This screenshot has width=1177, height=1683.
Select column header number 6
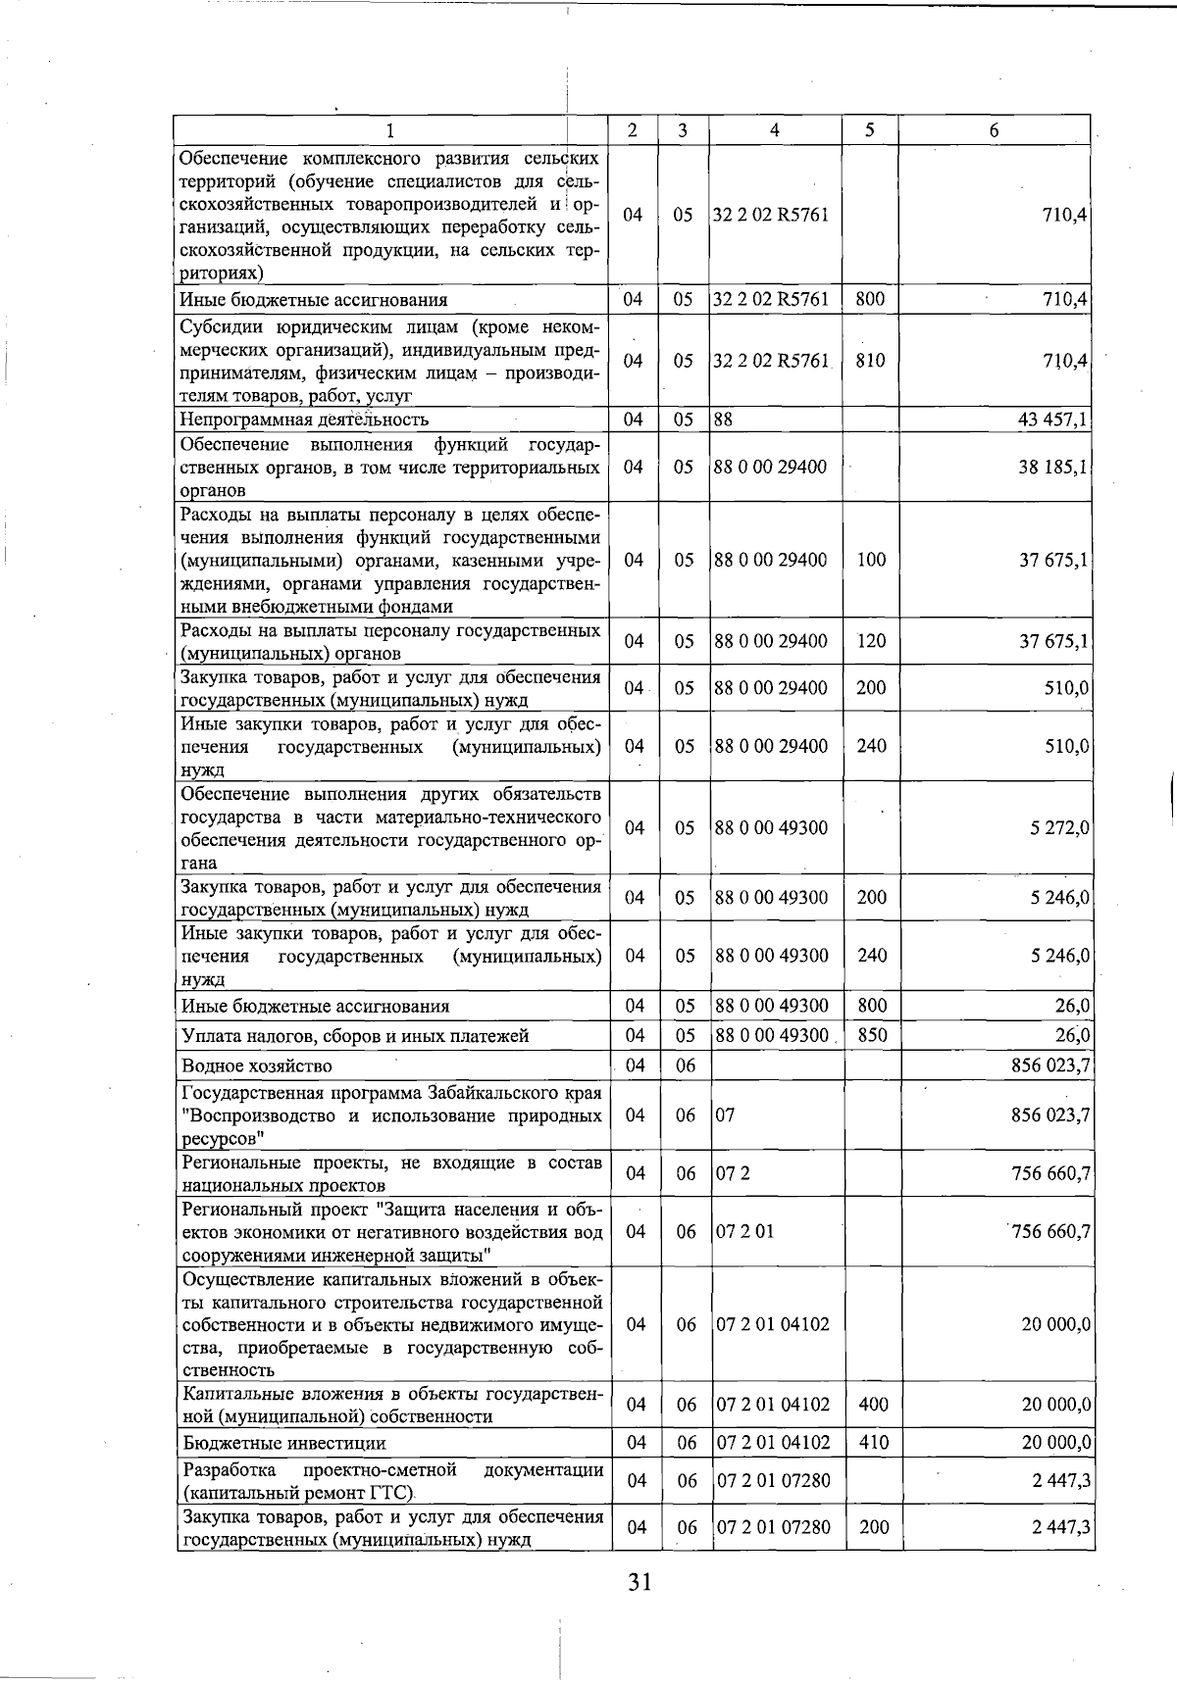[994, 130]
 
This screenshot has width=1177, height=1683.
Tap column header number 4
[775, 130]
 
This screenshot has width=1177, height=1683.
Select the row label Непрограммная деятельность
[304, 421]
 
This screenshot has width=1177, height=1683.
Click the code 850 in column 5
[871, 1035]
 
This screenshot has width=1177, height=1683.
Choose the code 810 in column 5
[870, 361]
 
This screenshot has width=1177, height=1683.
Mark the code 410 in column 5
[873, 1443]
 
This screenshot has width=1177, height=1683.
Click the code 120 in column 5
[871, 641]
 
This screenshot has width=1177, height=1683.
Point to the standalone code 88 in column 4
[724, 421]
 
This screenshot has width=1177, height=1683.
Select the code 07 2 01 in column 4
[744, 1231]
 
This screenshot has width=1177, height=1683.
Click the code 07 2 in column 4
[734, 1173]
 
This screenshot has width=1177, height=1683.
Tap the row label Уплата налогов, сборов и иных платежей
[355, 1036]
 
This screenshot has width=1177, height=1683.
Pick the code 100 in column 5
[871, 560]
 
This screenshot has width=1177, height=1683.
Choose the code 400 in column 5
[873, 1405]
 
